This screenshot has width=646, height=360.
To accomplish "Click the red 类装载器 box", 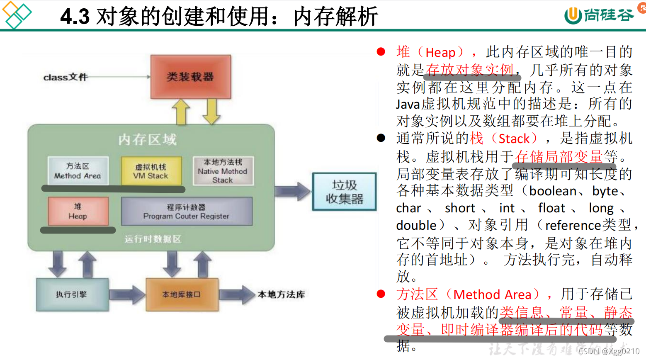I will (190, 77).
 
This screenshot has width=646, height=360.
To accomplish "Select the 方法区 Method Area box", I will (78, 170).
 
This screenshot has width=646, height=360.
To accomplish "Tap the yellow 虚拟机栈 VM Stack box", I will (151, 171).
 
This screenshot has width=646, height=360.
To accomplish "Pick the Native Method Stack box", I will (223, 171).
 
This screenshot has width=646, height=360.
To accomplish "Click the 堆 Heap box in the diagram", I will (78, 211).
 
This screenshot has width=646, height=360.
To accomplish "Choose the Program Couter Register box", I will (186, 212).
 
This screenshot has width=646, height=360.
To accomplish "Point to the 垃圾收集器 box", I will (344, 192).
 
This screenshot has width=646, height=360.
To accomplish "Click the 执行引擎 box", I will (72, 294).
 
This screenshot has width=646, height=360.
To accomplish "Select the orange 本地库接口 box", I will (182, 294).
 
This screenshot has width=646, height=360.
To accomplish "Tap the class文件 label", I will (65, 77).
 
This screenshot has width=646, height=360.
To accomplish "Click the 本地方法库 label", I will (281, 294).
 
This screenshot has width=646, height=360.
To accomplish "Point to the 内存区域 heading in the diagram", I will (147, 139).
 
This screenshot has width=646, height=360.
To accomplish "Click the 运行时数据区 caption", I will (153, 239).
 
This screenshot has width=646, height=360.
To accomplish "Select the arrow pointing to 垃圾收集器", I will (292, 192).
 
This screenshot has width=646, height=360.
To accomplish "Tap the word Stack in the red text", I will (514, 139).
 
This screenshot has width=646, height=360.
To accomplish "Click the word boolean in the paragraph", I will (553, 191).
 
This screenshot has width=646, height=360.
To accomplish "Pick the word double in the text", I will (416, 225).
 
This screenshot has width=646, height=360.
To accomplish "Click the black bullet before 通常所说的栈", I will (381, 138).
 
